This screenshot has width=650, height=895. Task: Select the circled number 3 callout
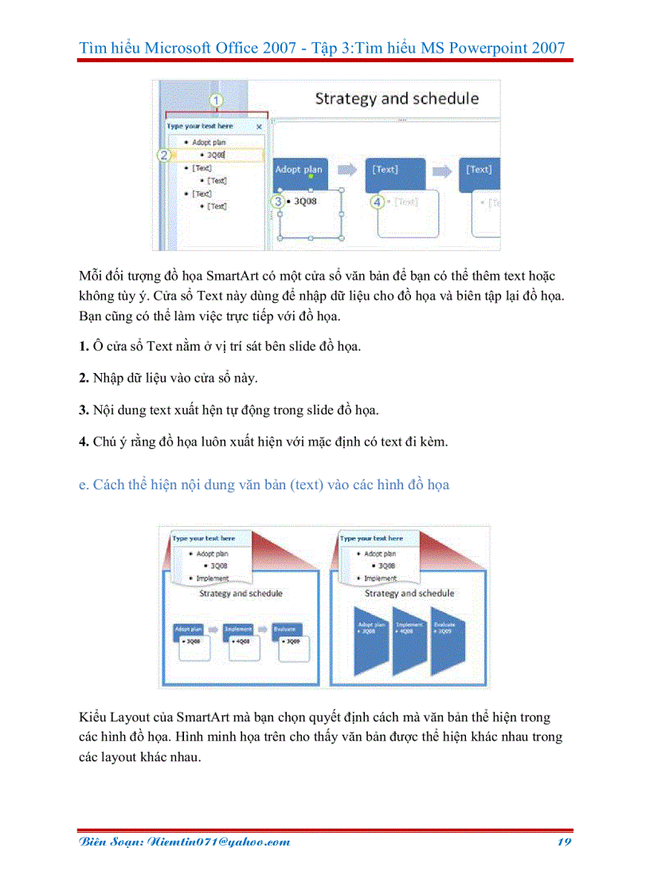[278, 202]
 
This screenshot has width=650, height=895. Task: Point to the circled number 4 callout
[378, 202]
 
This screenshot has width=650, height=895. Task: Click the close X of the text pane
[259, 126]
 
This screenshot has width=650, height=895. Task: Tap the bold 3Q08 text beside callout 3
[305, 202]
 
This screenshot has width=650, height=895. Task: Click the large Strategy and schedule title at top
[397, 99]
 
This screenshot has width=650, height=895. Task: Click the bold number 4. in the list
[84, 442]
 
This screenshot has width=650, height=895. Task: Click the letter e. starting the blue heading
[84, 485]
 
